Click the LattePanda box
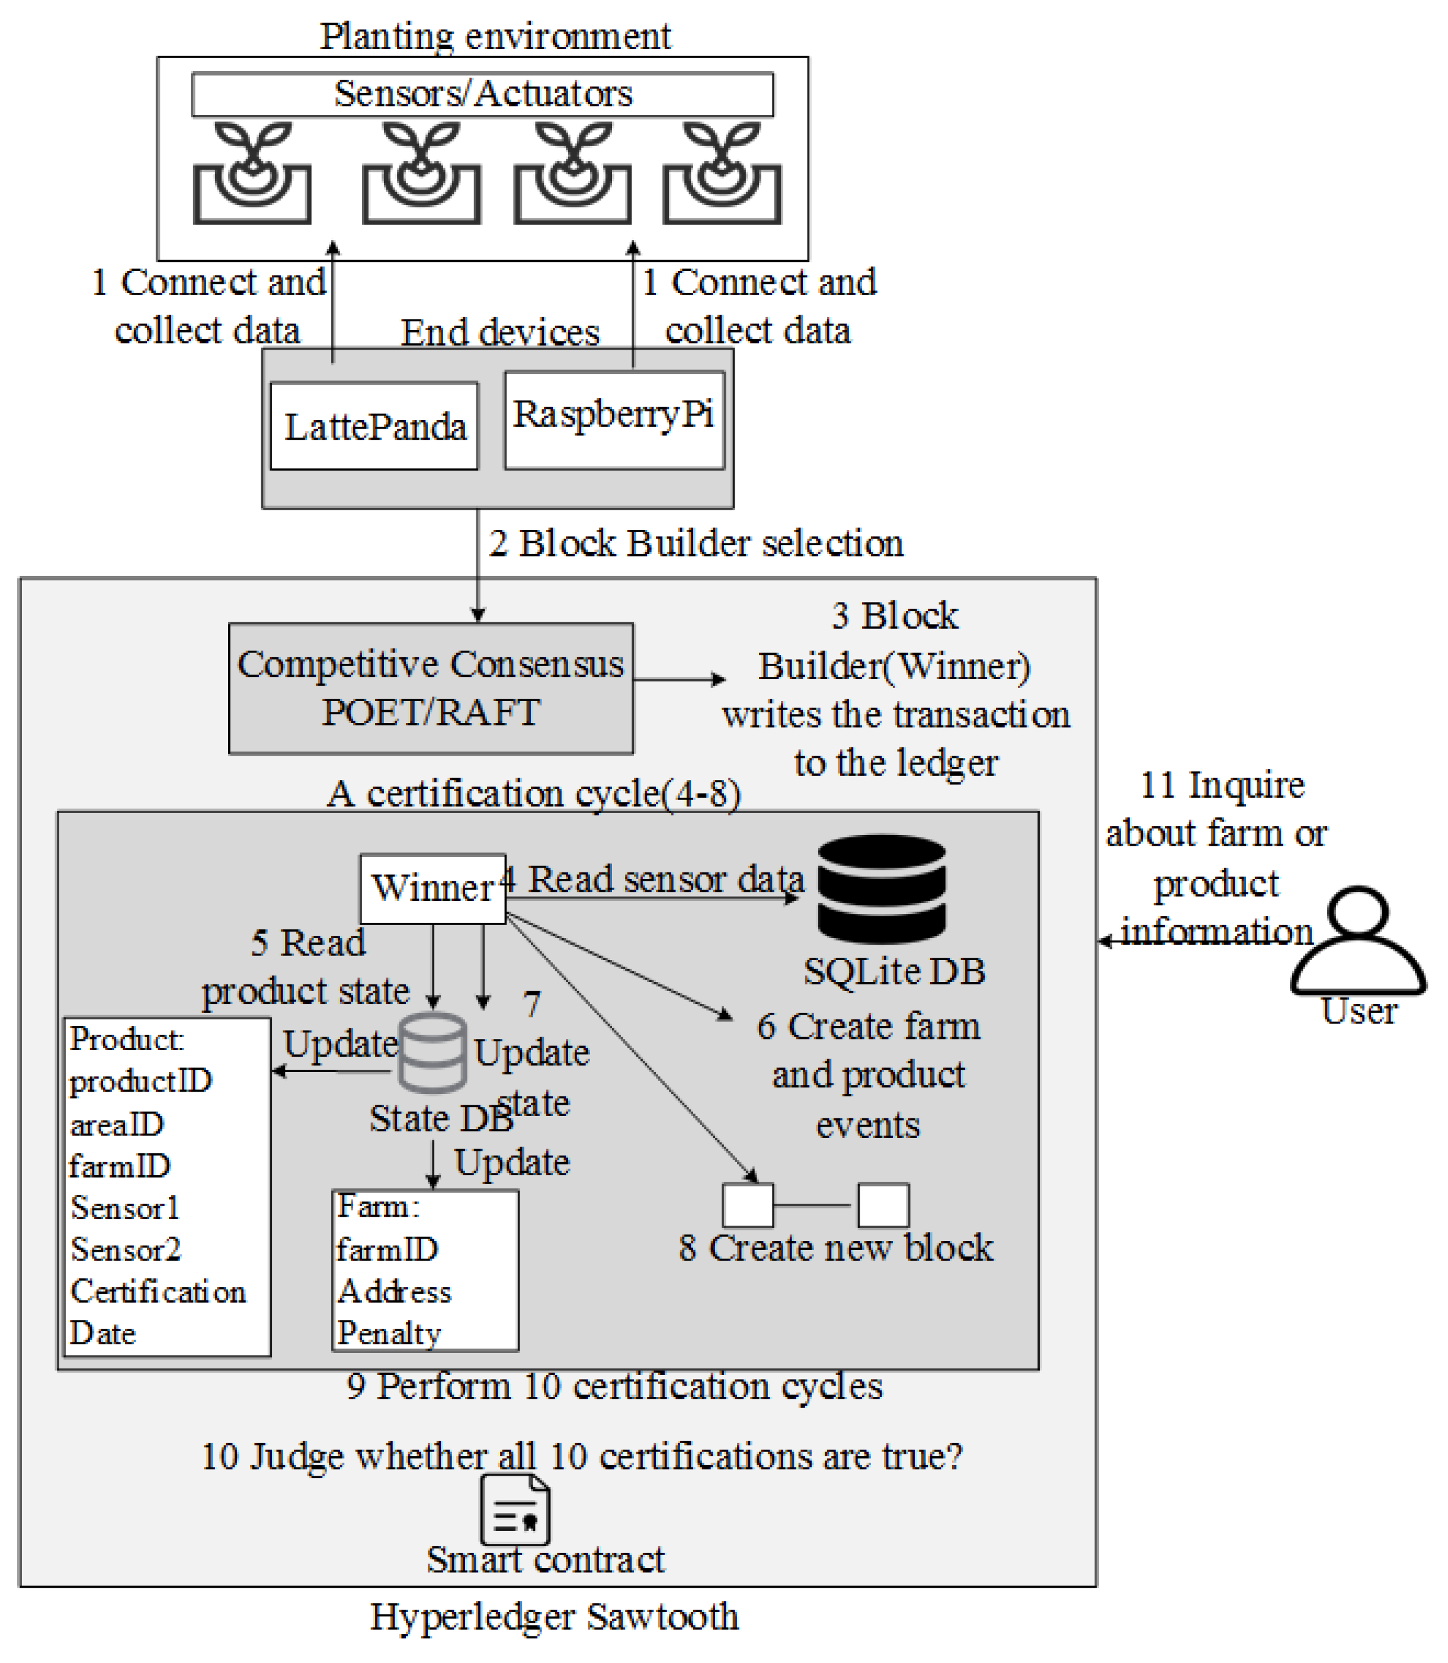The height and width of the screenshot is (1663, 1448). pyautogui.click(x=374, y=426)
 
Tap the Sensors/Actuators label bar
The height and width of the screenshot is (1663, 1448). pyautogui.click(x=482, y=94)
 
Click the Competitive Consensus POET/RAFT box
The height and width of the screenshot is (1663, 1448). pyautogui.click(x=431, y=689)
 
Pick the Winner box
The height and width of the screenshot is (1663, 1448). pyautogui.click(x=433, y=888)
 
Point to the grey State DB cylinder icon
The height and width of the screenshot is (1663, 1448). pyautogui.click(x=433, y=1051)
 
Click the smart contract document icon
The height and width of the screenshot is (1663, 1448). pyautogui.click(x=515, y=1509)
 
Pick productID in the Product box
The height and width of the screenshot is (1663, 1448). pyautogui.click(x=140, y=1080)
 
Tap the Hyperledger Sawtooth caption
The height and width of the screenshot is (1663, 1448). pyautogui.click(x=555, y=1617)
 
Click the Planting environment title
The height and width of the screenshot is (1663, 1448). pyautogui.click(x=495, y=36)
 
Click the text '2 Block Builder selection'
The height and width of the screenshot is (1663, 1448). pyautogui.click(x=696, y=543)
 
